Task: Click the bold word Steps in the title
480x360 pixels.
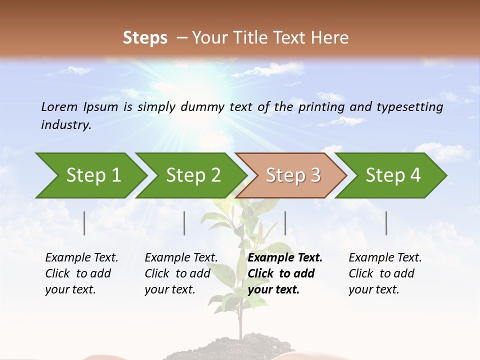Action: [145, 38]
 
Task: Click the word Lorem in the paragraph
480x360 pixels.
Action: [59, 106]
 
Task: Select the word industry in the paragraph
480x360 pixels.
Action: [65, 124]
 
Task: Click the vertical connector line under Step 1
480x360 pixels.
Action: [84, 223]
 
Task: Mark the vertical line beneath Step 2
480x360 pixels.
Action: [184, 223]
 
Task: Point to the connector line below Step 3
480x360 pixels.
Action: [285, 223]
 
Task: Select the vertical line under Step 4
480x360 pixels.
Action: [386, 223]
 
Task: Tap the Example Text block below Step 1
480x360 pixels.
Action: [81, 273]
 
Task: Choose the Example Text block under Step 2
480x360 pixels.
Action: [181, 273]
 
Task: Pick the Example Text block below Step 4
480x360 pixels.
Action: [385, 273]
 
